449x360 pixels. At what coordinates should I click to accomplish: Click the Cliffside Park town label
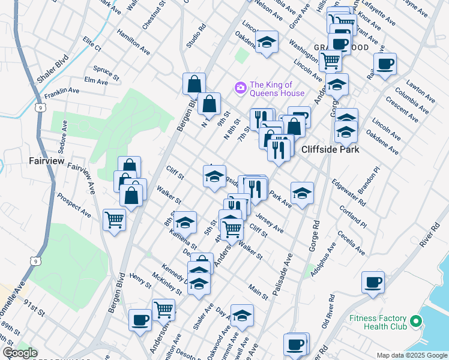[x=330, y=149]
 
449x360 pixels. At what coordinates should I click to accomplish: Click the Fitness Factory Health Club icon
[x=415, y=323]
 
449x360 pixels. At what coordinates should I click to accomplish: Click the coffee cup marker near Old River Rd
[x=373, y=281]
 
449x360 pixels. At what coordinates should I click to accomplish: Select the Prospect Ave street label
[x=74, y=205]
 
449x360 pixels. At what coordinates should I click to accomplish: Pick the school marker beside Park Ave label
[x=302, y=193]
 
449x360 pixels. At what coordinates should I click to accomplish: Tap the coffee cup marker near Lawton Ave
[x=385, y=63]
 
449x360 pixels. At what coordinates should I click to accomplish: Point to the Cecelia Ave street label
[x=351, y=243]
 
